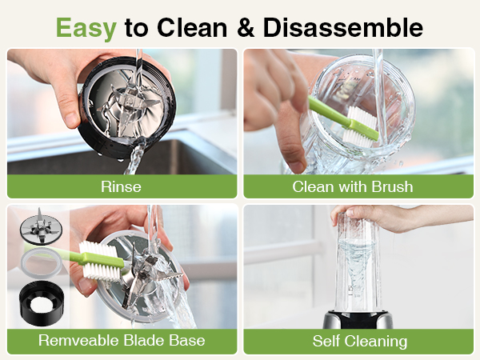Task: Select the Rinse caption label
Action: pyautogui.click(x=122, y=186)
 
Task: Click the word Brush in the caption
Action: pyautogui.click(x=393, y=186)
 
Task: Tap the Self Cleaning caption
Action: pyautogui.click(x=359, y=341)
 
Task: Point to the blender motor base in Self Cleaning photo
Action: pyautogui.click(x=359, y=321)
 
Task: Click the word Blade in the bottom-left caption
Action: pyautogui.click(x=130, y=341)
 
